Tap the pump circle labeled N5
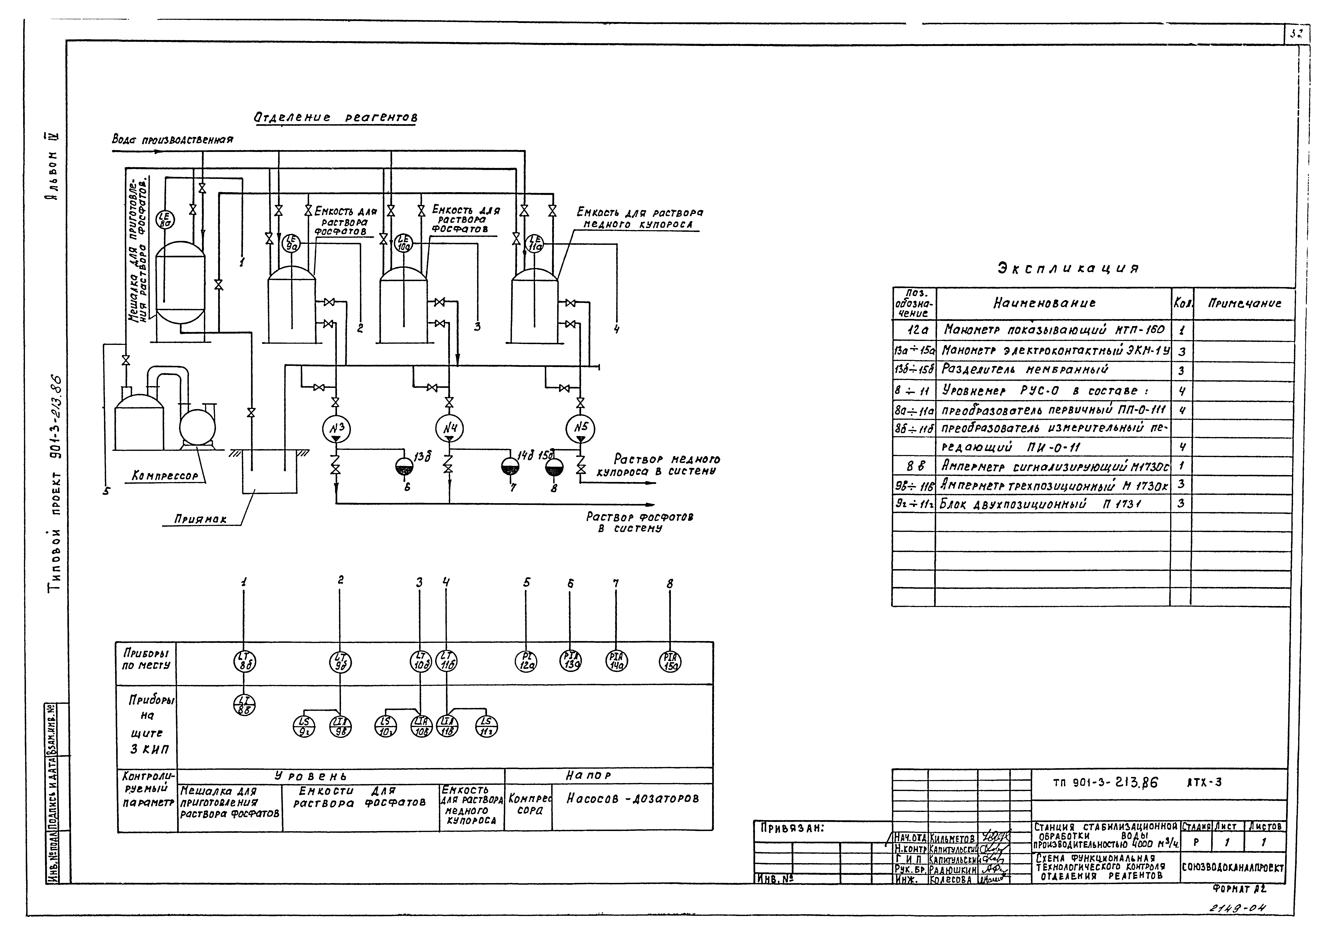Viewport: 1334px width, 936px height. point(580,429)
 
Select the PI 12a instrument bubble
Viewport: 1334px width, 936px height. point(526,661)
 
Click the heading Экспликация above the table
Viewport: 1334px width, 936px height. point(1068,268)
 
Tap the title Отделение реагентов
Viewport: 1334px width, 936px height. point(335,117)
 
